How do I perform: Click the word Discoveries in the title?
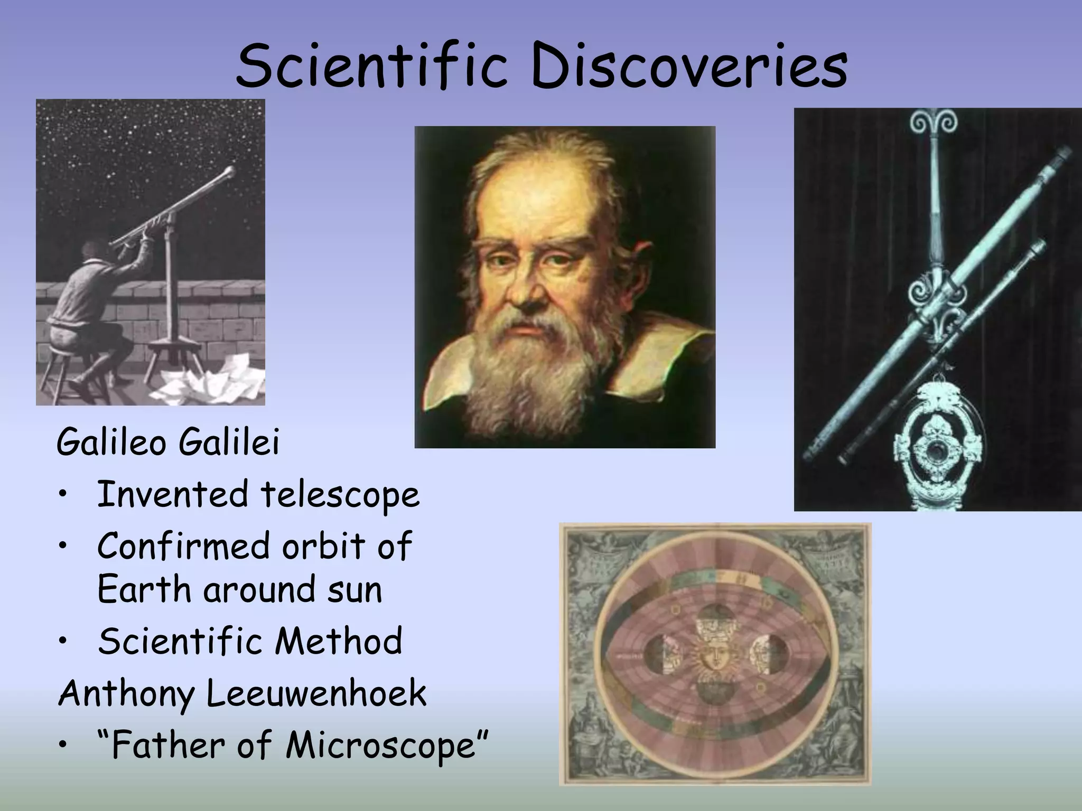689,67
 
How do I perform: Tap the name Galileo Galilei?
168,442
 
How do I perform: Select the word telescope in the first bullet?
340,495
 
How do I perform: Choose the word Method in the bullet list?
338,640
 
